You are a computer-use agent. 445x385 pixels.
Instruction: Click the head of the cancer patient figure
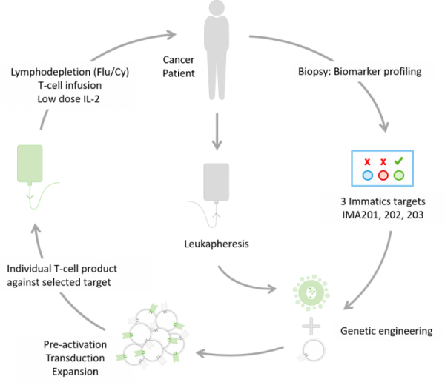(217, 7)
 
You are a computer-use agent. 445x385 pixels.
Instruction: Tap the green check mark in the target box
(399, 161)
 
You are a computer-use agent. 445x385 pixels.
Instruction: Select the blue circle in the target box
(368, 175)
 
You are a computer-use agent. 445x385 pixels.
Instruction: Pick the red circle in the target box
(383, 175)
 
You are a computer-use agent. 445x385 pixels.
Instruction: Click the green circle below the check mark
(399, 175)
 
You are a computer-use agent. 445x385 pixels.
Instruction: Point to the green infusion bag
(30, 164)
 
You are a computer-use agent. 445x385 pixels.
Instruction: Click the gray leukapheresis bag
(217, 182)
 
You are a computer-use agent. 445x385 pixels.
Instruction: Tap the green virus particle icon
(311, 292)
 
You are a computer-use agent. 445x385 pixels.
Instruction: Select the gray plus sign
(311, 326)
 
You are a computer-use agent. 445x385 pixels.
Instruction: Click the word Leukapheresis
(217, 244)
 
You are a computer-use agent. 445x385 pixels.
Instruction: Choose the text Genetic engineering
(386, 331)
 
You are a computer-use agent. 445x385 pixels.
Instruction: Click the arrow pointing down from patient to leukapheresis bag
(217, 132)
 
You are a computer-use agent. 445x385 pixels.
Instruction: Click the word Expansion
(75, 372)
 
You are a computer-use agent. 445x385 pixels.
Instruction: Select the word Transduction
(75, 358)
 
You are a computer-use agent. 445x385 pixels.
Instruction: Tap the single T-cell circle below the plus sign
(313, 350)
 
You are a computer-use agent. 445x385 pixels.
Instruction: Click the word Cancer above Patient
(179, 60)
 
